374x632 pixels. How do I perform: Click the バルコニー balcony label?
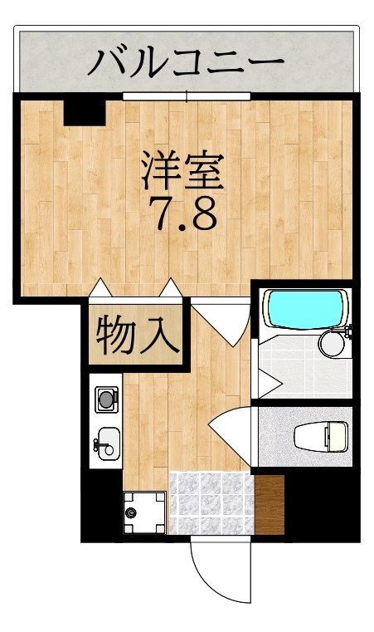(x=187, y=61)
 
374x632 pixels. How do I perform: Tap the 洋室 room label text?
(x=182, y=169)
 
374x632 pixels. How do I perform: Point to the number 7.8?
(x=184, y=213)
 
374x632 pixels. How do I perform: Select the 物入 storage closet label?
(x=137, y=335)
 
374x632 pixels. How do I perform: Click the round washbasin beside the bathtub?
(x=333, y=342)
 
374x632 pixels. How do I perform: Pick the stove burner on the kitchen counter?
(x=107, y=400)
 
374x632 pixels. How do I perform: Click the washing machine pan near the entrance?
(x=144, y=512)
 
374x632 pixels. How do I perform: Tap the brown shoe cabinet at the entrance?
(x=269, y=504)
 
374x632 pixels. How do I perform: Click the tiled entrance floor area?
(x=211, y=503)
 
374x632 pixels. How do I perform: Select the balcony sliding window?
(x=187, y=96)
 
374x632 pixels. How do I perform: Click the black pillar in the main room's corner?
(x=85, y=111)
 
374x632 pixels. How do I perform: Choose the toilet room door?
(x=229, y=429)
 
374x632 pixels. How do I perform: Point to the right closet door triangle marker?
(x=172, y=287)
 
